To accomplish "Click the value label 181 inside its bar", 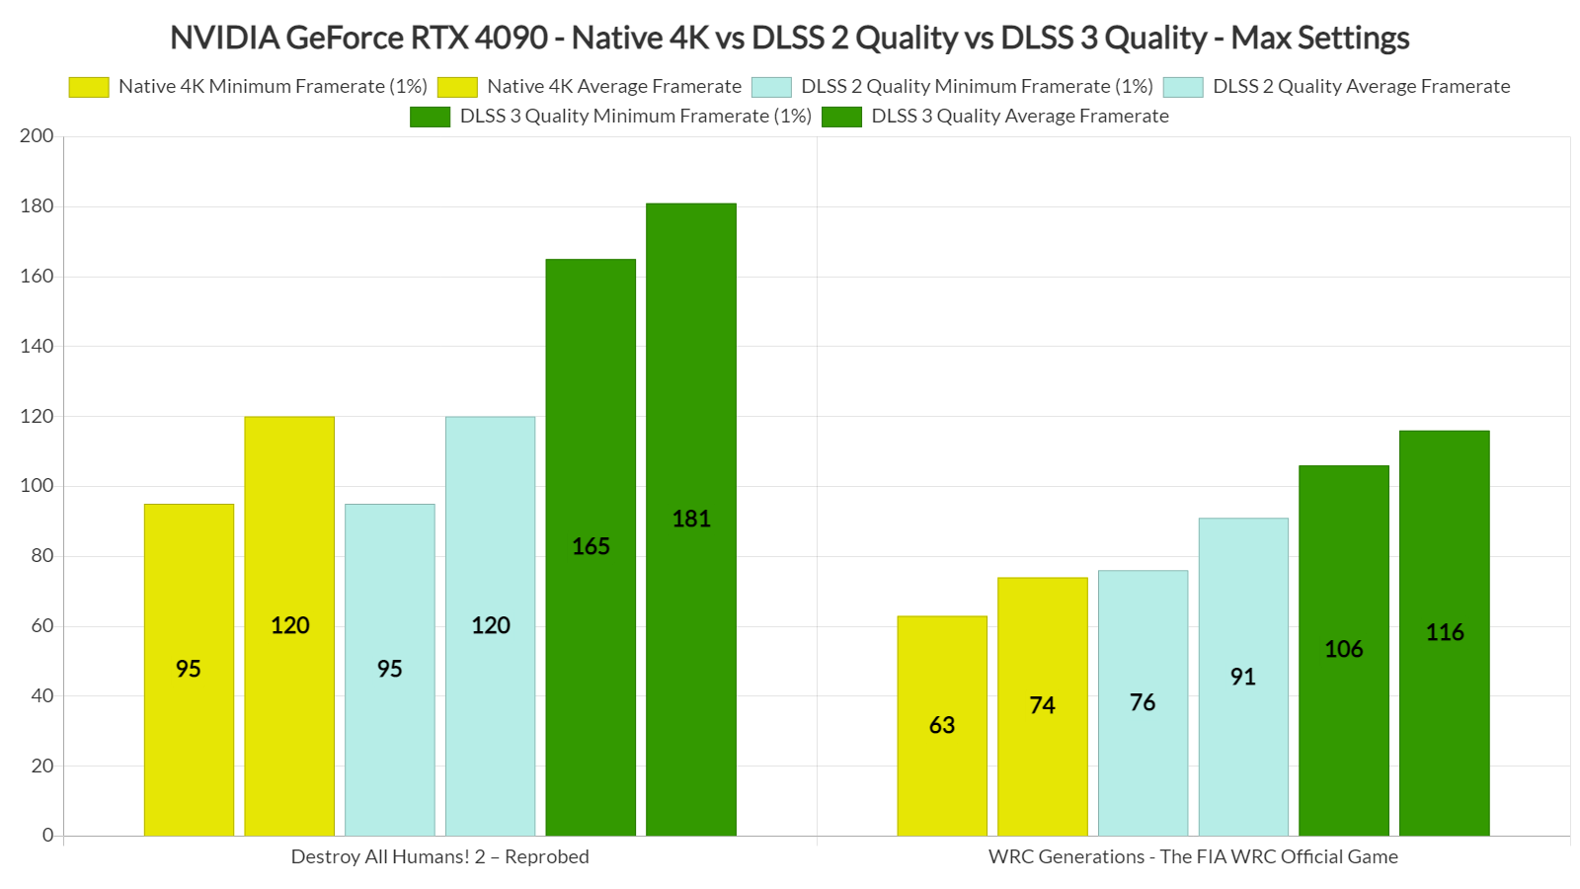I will tap(691, 519).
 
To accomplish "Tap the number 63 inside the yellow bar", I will tap(942, 725).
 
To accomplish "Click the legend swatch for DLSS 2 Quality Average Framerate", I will tap(1183, 87).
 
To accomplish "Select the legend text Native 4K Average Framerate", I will tap(614, 87).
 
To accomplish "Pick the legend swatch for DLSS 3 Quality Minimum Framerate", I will tap(431, 117).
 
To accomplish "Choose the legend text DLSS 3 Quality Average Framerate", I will tap(1020, 117).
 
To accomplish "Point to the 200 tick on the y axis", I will tap(37, 136).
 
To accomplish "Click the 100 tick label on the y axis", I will tap(37, 486).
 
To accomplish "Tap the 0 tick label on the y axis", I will tap(47, 836).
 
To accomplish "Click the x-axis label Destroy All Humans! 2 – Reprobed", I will tap(439, 856).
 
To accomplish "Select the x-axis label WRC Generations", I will tap(1193, 856).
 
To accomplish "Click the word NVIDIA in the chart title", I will tap(223, 38).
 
